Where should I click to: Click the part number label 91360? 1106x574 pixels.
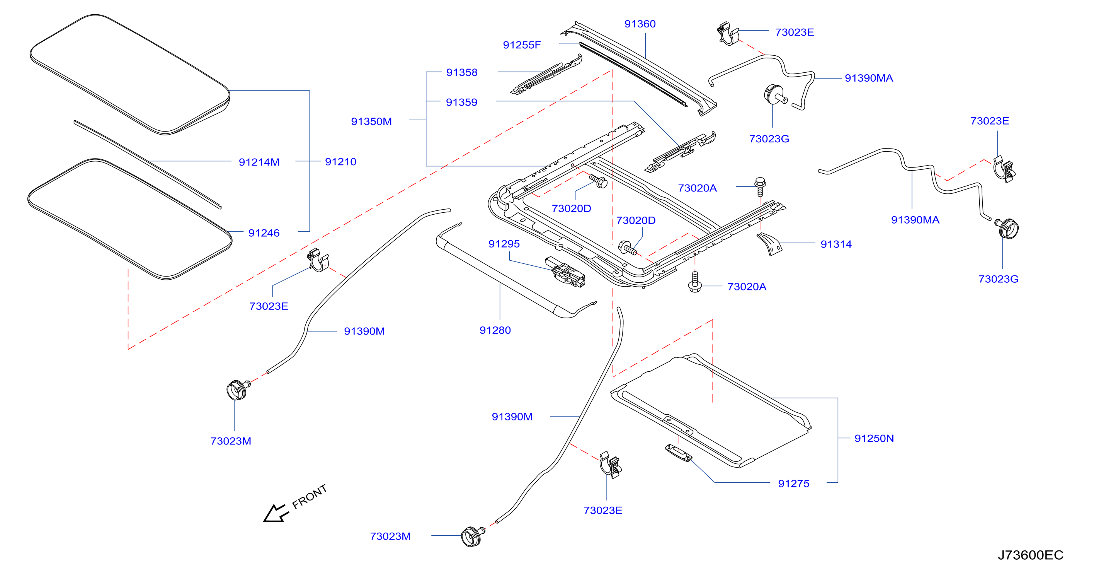pyautogui.click(x=640, y=24)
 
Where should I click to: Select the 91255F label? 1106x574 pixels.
pyautogui.click(x=522, y=45)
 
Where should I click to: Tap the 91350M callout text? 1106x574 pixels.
pyautogui.click(x=371, y=121)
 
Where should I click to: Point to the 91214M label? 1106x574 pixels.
pyautogui.click(x=259, y=162)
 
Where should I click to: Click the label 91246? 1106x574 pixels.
pyautogui.click(x=264, y=233)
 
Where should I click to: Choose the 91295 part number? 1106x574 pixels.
pyautogui.click(x=504, y=244)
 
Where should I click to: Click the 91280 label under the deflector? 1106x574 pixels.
pyautogui.click(x=495, y=330)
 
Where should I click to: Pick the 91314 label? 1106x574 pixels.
pyautogui.click(x=836, y=244)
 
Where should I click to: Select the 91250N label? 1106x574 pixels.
pyautogui.click(x=874, y=439)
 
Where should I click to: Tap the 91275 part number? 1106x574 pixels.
pyautogui.click(x=793, y=484)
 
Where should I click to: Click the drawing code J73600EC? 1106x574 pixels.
pyautogui.click(x=1030, y=555)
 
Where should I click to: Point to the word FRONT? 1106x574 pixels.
pyautogui.click(x=309, y=497)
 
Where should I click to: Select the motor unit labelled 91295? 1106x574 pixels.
pyautogui.click(x=565, y=272)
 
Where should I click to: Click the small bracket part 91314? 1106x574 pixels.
pyautogui.click(x=769, y=244)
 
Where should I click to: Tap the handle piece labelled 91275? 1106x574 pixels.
pyautogui.click(x=678, y=453)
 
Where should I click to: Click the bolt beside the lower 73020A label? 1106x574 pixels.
pyautogui.click(x=695, y=282)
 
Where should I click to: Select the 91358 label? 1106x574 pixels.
pyautogui.click(x=461, y=73)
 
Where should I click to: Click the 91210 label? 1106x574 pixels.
pyautogui.click(x=340, y=162)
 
